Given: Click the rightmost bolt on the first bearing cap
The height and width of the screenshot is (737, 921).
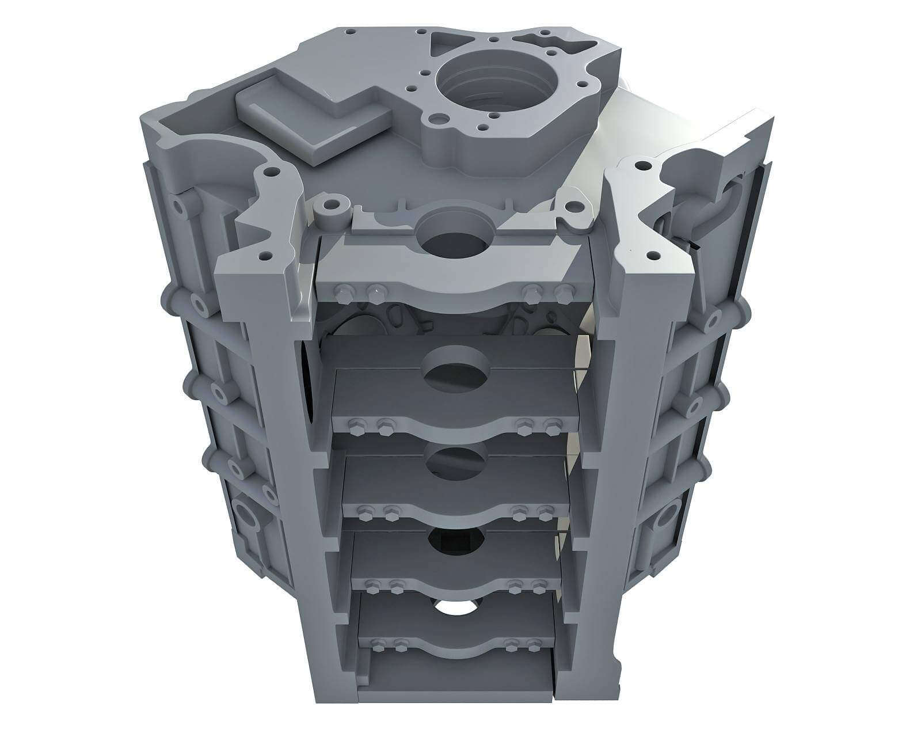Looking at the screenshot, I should pyautogui.click(x=566, y=291).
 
